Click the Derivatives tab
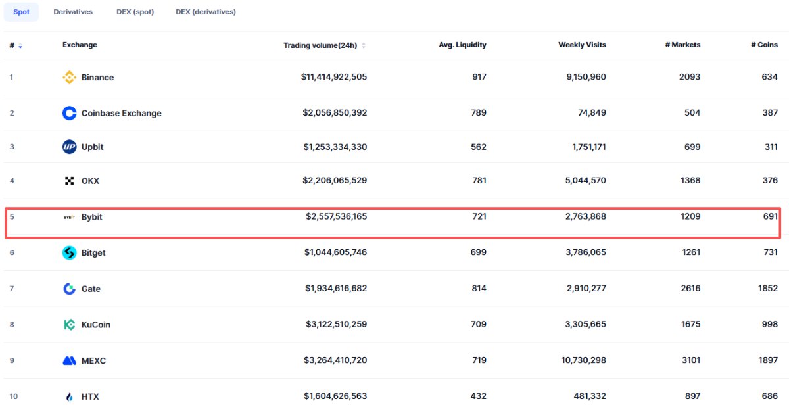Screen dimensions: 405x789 pos(73,12)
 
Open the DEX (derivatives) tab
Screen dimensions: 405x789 pos(206,12)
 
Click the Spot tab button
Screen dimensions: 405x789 pos(21,12)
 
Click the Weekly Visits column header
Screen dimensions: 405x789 pos(582,45)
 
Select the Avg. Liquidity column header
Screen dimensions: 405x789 pos(462,45)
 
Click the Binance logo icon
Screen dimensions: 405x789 pos(69,78)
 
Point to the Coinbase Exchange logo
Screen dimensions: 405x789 pos(69,113)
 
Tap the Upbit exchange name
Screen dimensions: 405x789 pos(92,147)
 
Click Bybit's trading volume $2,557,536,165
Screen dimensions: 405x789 pos(336,216)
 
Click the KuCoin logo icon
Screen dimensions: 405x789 pos(69,324)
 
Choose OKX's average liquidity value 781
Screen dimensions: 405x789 pos(479,181)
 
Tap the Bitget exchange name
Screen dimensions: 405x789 pos(93,253)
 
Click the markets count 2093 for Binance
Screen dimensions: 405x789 pos(690,77)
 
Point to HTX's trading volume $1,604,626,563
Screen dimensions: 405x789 pos(335,396)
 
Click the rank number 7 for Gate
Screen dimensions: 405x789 pos(12,289)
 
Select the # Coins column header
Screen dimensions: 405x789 pos(764,45)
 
